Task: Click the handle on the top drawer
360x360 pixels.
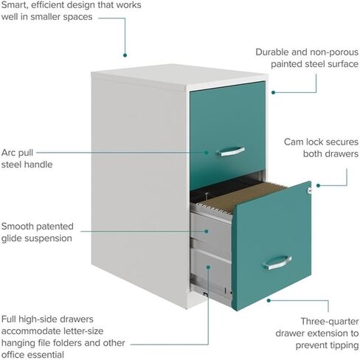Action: click(231, 151)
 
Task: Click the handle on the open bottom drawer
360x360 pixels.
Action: click(277, 263)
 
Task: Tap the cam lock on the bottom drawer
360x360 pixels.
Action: click(309, 190)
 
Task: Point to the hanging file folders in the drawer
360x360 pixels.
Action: click(242, 198)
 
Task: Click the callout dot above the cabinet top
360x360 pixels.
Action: click(125, 55)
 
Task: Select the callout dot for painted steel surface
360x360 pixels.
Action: click(273, 92)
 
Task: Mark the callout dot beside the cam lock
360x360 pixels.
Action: click(318, 185)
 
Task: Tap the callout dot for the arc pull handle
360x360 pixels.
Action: click(207, 153)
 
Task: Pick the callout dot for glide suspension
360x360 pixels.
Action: click(207, 231)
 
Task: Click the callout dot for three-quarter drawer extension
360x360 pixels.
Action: click(269, 300)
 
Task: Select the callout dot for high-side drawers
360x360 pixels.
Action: click(208, 267)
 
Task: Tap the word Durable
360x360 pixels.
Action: click(271, 52)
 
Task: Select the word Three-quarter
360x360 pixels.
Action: click(330, 322)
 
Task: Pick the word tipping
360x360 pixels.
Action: click(345, 345)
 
